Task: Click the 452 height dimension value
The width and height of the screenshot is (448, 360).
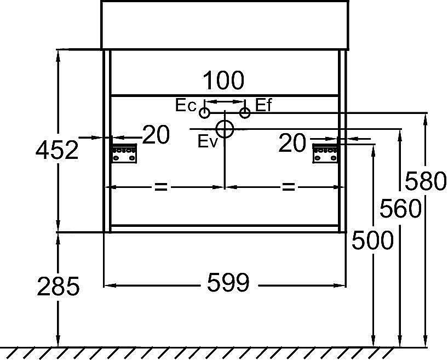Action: pyautogui.click(x=57, y=150)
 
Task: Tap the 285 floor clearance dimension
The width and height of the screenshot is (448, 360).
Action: pyautogui.click(x=58, y=286)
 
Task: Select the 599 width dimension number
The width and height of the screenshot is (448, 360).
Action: pyautogui.click(x=228, y=282)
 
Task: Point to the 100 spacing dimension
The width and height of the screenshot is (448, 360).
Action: pyautogui.click(x=223, y=81)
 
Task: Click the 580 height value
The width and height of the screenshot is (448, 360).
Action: pyautogui.click(x=426, y=181)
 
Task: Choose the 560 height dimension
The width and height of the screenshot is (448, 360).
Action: pyautogui.click(x=400, y=208)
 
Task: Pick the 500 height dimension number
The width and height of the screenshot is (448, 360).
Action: pyautogui.click(x=372, y=240)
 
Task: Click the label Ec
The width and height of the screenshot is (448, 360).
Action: pyautogui.click(x=186, y=105)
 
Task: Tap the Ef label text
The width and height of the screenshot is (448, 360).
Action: pyautogui.click(x=263, y=105)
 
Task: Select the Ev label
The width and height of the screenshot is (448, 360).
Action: pyautogui.click(x=208, y=141)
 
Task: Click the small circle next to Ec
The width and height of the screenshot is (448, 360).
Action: pyautogui.click(x=204, y=113)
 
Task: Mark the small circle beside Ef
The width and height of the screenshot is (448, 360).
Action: pyautogui.click(x=245, y=113)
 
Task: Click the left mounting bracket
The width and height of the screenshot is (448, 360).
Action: pyautogui.click(x=124, y=153)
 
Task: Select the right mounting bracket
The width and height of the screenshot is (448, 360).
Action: pyautogui.click(x=325, y=153)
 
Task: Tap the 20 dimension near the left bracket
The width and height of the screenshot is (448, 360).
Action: pyautogui.click(x=156, y=134)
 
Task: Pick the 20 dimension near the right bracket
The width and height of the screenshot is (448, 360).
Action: pyautogui.click(x=292, y=142)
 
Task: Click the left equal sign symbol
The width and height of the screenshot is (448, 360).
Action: pyautogui.click(x=161, y=187)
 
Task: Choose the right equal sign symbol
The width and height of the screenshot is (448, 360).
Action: pyautogui.click(x=288, y=187)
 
